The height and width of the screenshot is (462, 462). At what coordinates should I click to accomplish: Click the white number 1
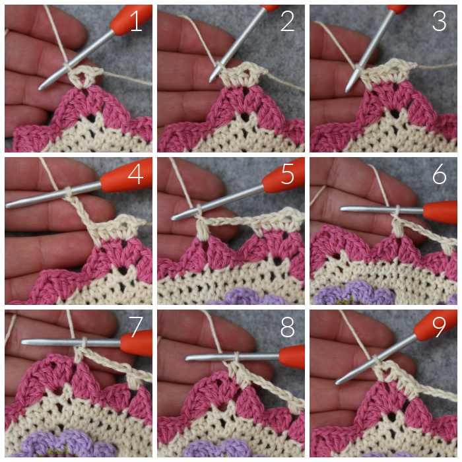click(136, 21)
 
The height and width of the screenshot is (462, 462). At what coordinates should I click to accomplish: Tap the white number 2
click(288, 21)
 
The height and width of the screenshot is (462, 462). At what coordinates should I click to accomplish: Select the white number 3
click(440, 21)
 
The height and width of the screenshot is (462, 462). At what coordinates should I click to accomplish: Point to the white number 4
click(136, 175)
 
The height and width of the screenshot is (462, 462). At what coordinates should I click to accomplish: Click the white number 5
click(288, 175)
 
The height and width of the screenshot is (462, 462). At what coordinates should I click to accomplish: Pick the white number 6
click(440, 175)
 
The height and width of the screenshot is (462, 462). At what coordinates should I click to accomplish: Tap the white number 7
click(136, 327)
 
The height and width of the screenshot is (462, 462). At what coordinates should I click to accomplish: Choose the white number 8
click(288, 327)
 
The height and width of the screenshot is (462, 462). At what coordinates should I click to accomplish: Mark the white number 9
click(440, 327)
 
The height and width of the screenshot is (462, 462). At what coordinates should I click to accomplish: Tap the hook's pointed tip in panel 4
click(7, 205)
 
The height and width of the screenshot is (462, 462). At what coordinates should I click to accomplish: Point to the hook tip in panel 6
click(342, 209)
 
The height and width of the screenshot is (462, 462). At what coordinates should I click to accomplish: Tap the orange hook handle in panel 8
click(292, 357)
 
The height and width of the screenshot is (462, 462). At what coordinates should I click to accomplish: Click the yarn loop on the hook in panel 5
click(199, 210)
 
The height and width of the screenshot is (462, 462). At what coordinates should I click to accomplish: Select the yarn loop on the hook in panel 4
click(68, 192)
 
